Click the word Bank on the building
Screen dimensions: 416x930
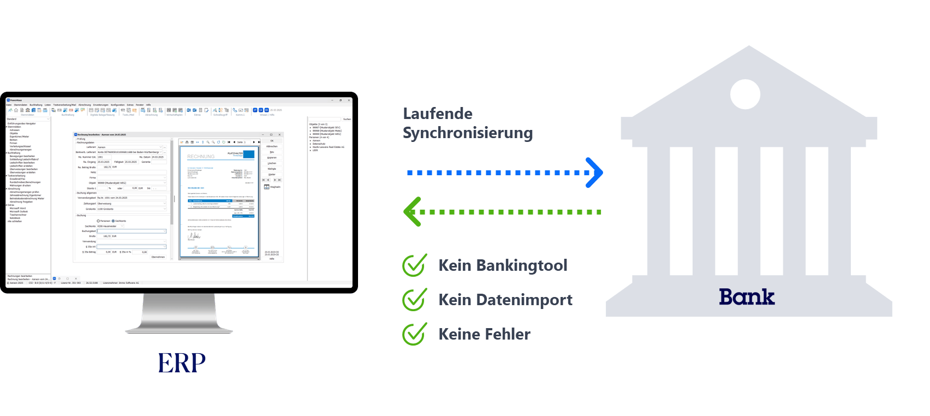(746, 297)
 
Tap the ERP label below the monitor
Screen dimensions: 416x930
(182, 362)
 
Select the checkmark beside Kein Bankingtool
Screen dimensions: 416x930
(415, 265)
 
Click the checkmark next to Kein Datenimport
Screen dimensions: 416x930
(415, 300)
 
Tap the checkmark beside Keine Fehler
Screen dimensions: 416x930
(415, 334)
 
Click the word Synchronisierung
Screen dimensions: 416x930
(468, 133)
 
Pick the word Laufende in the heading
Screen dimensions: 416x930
(438, 114)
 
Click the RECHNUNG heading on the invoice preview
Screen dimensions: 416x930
(201, 157)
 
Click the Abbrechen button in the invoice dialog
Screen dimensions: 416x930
(272, 146)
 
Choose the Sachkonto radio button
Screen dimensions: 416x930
(114, 221)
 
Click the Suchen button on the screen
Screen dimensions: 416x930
(347, 119)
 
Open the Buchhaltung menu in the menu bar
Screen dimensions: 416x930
(36, 105)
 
